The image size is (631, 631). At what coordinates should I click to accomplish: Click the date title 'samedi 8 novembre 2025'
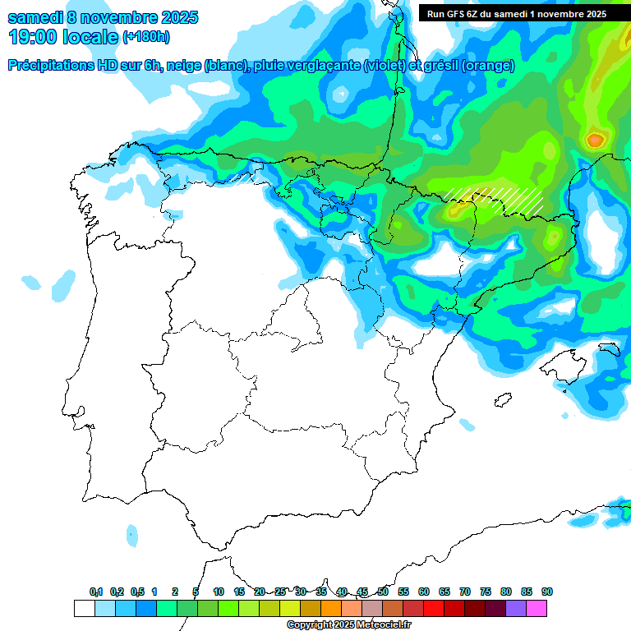[x=103, y=17]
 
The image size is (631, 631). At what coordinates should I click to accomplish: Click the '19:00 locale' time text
[x=62, y=37]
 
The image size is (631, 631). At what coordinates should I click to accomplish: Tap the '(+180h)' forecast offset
[x=145, y=38]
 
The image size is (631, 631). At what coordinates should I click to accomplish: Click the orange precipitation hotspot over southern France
[x=595, y=140]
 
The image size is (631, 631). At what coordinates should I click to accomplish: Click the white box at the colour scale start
[x=84, y=609]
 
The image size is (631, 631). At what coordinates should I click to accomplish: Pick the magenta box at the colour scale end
[x=537, y=609]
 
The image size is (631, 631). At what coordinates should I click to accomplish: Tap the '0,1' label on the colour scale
[x=96, y=592]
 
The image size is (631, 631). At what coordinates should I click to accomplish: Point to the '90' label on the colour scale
[x=547, y=592]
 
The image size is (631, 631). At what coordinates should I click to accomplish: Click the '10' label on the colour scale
[x=219, y=592]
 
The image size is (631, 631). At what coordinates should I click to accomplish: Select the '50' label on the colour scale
[x=383, y=592]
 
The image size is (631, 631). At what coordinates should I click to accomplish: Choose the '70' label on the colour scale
[x=465, y=592]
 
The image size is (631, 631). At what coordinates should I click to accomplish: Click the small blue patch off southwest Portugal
[x=132, y=537]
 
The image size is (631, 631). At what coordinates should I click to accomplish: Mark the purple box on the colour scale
[x=516, y=609]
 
